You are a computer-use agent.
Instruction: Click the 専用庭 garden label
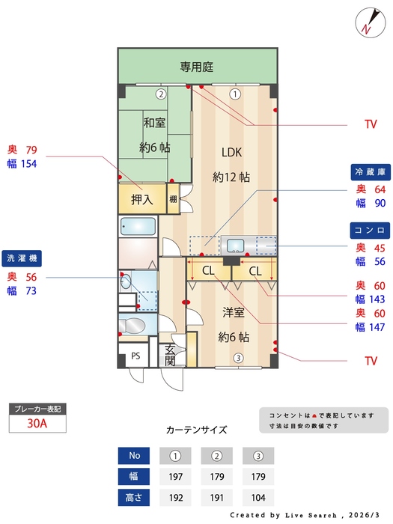(x=197, y=67)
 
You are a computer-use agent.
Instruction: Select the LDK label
(x=231, y=152)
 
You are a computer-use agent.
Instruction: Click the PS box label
(x=135, y=356)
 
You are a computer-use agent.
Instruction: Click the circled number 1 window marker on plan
(x=235, y=94)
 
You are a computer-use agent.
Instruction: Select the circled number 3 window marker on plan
(x=238, y=358)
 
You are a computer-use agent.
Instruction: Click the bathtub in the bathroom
(x=137, y=226)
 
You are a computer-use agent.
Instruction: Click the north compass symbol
(x=367, y=21)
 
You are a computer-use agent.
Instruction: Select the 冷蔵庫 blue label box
(x=371, y=171)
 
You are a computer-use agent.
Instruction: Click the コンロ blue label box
(x=371, y=230)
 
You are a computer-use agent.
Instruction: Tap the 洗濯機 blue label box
(x=22, y=258)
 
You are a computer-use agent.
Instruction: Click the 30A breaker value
(x=37, y=423)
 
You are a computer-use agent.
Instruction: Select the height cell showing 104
(x=258, y=497)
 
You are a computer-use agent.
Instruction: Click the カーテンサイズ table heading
(x=196, y=430)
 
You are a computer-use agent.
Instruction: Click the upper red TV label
(x=371, y=124)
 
